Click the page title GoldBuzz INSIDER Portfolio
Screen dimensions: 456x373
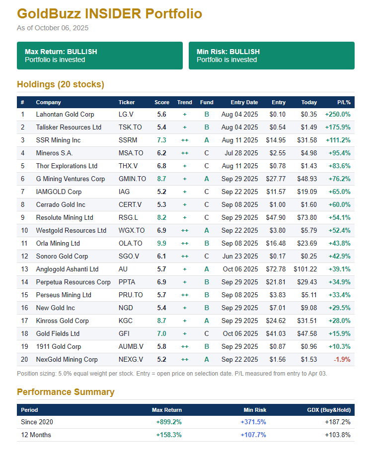109,13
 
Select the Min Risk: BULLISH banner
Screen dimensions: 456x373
271,55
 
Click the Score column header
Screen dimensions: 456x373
162,102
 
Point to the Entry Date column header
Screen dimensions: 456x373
244,102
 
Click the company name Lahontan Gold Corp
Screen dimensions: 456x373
65,114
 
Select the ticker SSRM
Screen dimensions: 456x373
128,140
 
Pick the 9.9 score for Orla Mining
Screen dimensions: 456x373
162,243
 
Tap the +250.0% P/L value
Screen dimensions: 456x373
338,114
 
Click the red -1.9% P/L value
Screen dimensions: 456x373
342,359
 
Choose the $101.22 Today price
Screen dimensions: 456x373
305,269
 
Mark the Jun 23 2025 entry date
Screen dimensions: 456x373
240,256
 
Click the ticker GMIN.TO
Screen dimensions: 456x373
132,179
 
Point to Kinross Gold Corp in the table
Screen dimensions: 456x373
63,321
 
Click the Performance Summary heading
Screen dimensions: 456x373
66,392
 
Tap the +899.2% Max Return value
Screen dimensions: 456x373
169,422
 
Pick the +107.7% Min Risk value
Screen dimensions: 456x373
253,435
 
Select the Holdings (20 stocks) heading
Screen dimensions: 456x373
61,84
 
